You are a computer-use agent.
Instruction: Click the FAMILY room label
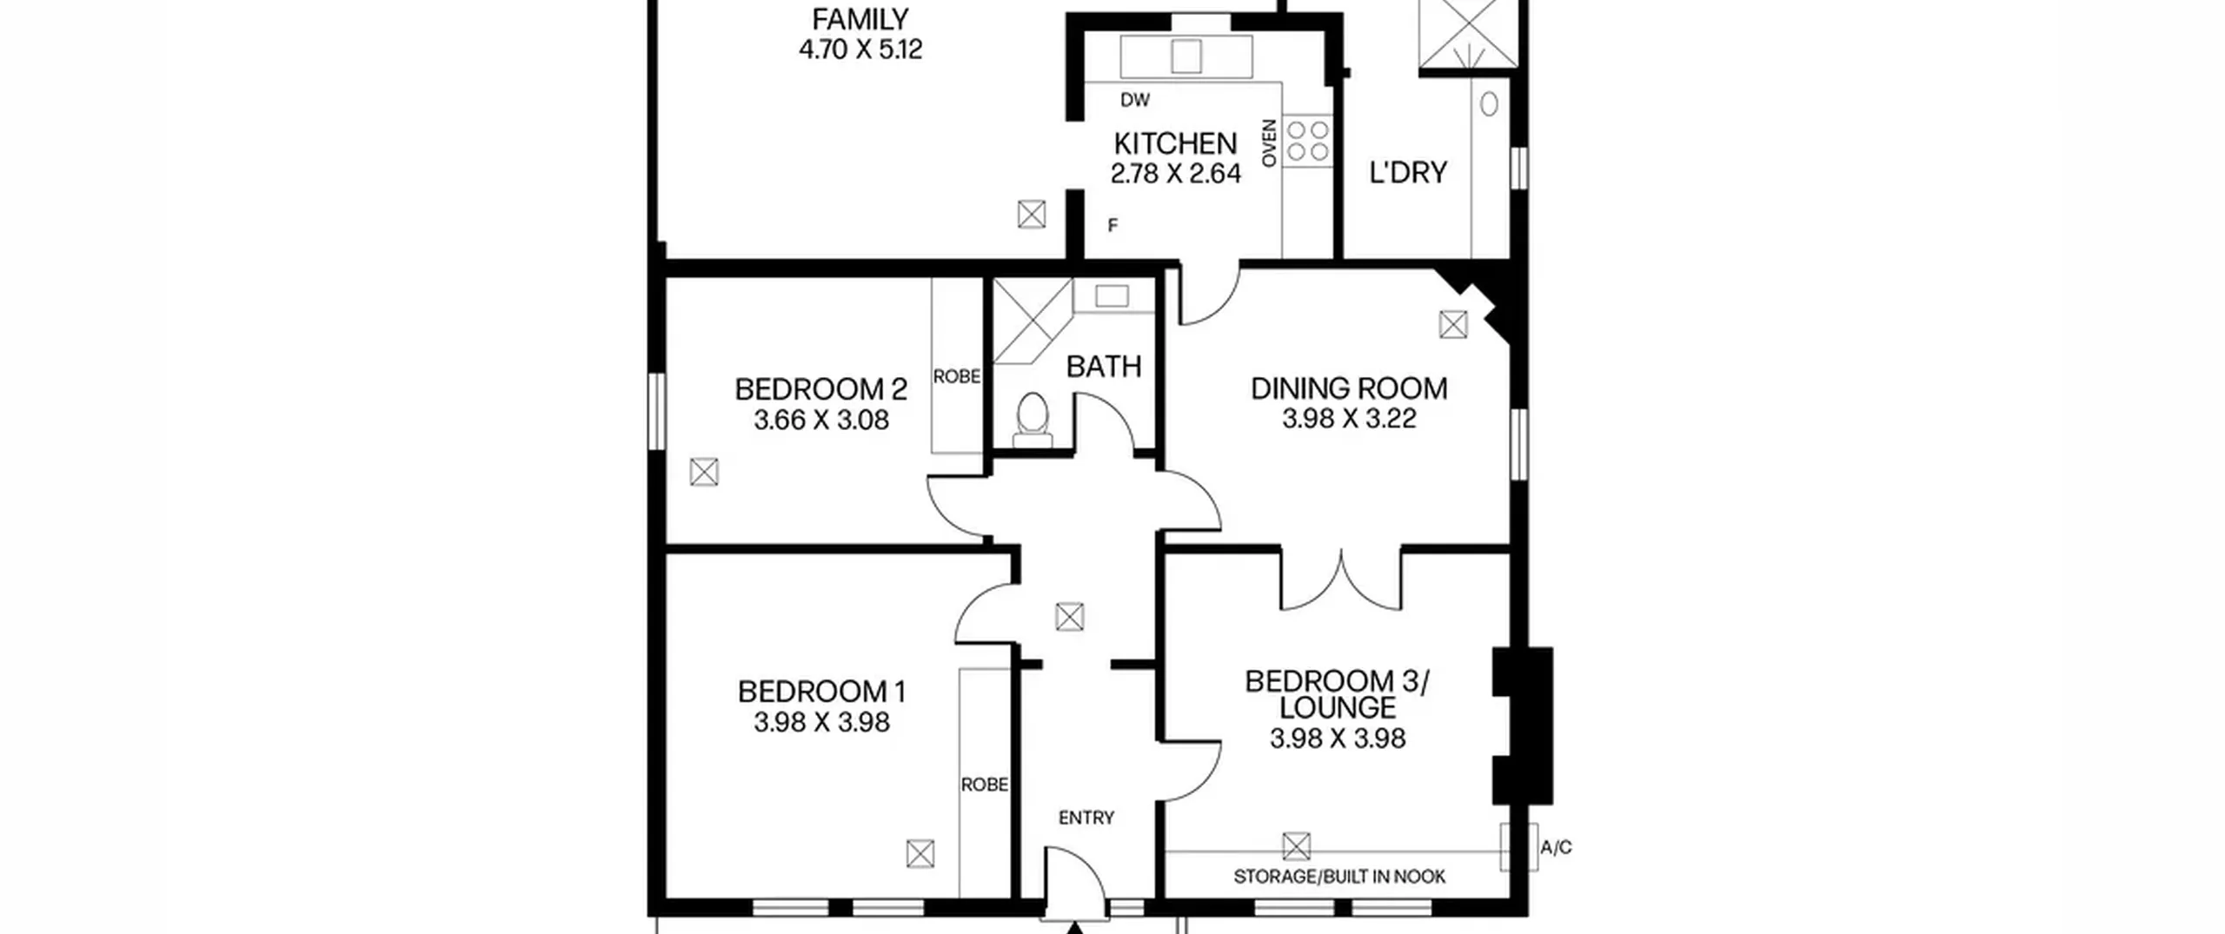coord(860,19)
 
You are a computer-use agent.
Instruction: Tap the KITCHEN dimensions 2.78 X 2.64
coord(1175,174)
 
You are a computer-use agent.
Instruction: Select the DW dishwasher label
coord(1135,100)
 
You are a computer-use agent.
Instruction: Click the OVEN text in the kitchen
coord(1269,143)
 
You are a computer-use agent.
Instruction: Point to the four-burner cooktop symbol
coord(1308,142)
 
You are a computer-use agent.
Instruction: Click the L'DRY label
coord(1408,173)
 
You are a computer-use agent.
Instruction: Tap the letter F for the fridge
coord(1112,226)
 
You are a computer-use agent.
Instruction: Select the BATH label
coord(1104,367)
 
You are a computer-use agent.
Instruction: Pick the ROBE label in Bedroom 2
coord(957,376)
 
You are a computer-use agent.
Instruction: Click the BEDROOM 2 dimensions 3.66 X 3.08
coord(821,421)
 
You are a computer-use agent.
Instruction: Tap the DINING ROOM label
coord(1349,388)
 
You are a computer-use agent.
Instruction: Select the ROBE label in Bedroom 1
coord(985,785)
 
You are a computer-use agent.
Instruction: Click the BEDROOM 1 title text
coord(821,692)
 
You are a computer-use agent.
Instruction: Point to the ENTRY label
coord(1086,818)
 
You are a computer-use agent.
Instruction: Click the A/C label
coord(1556,847)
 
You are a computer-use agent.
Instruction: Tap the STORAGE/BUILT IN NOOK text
coord(1339,877)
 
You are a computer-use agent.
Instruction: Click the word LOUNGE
coord(1338,708)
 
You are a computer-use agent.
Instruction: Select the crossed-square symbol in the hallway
coord(1069,618)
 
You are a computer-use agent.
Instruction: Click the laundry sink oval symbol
coord(1490,104)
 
